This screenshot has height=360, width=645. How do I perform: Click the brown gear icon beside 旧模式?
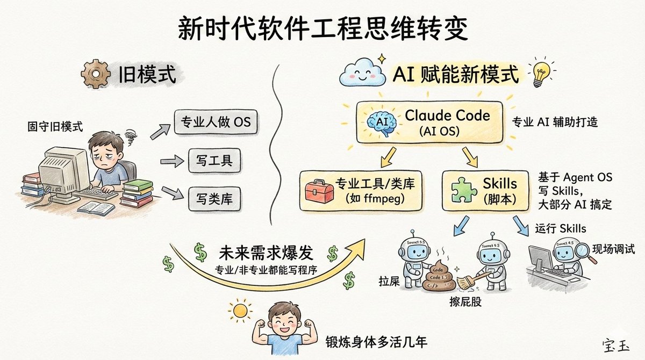tap(92, 74)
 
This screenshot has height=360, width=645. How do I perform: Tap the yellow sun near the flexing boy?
tap(239, 310)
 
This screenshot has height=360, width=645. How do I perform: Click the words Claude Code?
tap(447, 114)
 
